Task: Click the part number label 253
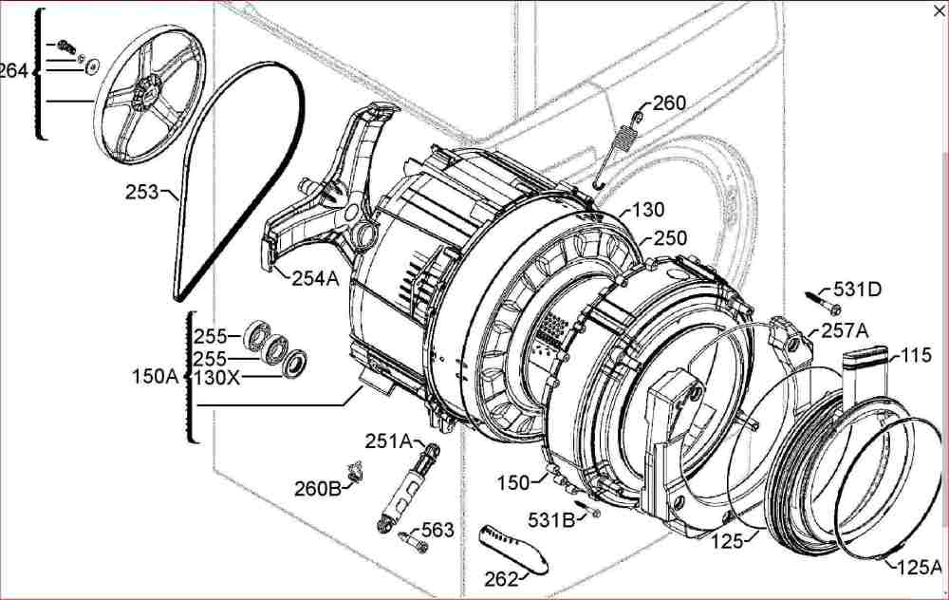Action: click(141, 192)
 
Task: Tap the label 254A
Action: click(315, 278)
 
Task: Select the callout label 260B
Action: click(318, 488)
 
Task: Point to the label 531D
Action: click(858, 290)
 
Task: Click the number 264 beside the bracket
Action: click(13, 71)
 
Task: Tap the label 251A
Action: click(388, 441)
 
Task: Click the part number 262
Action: click(501, 579)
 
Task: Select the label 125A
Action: click(919, 567)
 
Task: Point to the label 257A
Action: click(845, 330)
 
